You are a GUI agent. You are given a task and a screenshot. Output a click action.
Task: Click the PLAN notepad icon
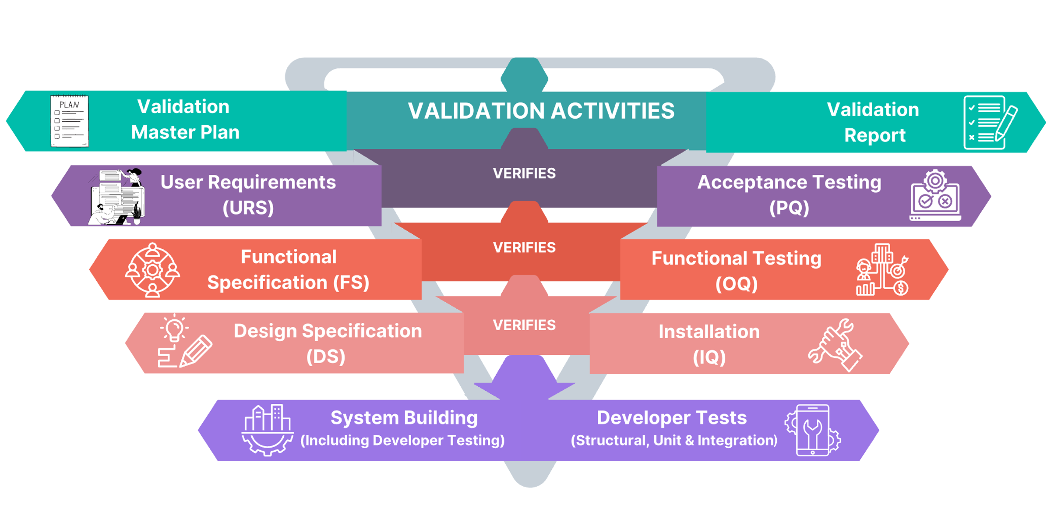pyautogui.click(x=70, y=121)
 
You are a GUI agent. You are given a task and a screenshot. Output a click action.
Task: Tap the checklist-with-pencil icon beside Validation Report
pyautogui.click(x=990, y=123)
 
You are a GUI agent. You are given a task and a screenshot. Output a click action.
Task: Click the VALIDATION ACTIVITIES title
pyautogui.click(x=541, y=111)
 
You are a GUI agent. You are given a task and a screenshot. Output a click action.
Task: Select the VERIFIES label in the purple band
pyautogui.click(x=524, y=173)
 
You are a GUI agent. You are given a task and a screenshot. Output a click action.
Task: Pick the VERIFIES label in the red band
pyautogui.click(x=524, y=247)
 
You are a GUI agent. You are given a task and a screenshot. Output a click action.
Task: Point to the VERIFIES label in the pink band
pyautogui.click(x=524, y=325)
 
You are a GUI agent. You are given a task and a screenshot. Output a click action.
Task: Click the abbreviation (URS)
pyautogui.click(x=248, y=208)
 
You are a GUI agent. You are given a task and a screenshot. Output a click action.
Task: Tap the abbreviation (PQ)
pyautogui.click(x=789, y=208)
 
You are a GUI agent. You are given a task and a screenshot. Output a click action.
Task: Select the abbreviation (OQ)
pyautogui.click(x=737, y=284)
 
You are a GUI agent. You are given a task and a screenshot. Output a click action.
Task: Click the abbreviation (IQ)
pyautogui.click(x=709, y=357)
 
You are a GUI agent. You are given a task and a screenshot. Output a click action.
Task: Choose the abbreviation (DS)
pyautogui.click(x=326, y=357)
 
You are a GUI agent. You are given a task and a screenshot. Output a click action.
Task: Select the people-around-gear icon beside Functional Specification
pyautogui.click(x=152, y=270)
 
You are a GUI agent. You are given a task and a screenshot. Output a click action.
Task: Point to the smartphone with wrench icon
pyautogui.click(x=813, y=430)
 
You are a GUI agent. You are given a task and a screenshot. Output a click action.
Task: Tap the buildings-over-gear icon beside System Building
pyautogui.click(x=267, y=430)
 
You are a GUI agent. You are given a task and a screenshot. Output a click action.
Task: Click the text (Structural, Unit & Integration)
pyautogui.click(x=674, y=440)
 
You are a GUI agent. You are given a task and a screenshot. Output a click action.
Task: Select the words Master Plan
pyautogui.click(x=185, y=132)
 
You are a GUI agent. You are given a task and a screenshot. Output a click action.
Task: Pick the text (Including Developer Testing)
pyautogui.click(x=402, y=440)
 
